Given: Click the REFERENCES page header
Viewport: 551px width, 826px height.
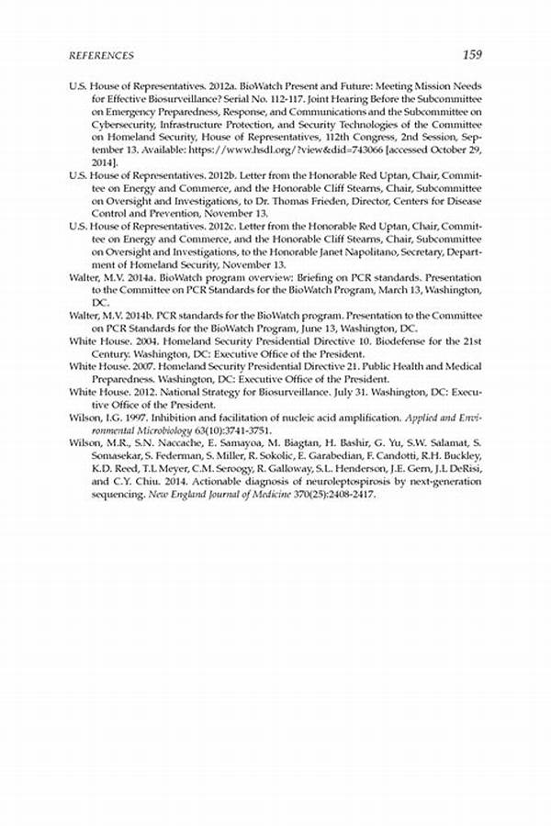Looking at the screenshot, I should [x=101, y=55].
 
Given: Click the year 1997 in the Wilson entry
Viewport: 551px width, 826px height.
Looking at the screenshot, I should [x=126, y=415].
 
